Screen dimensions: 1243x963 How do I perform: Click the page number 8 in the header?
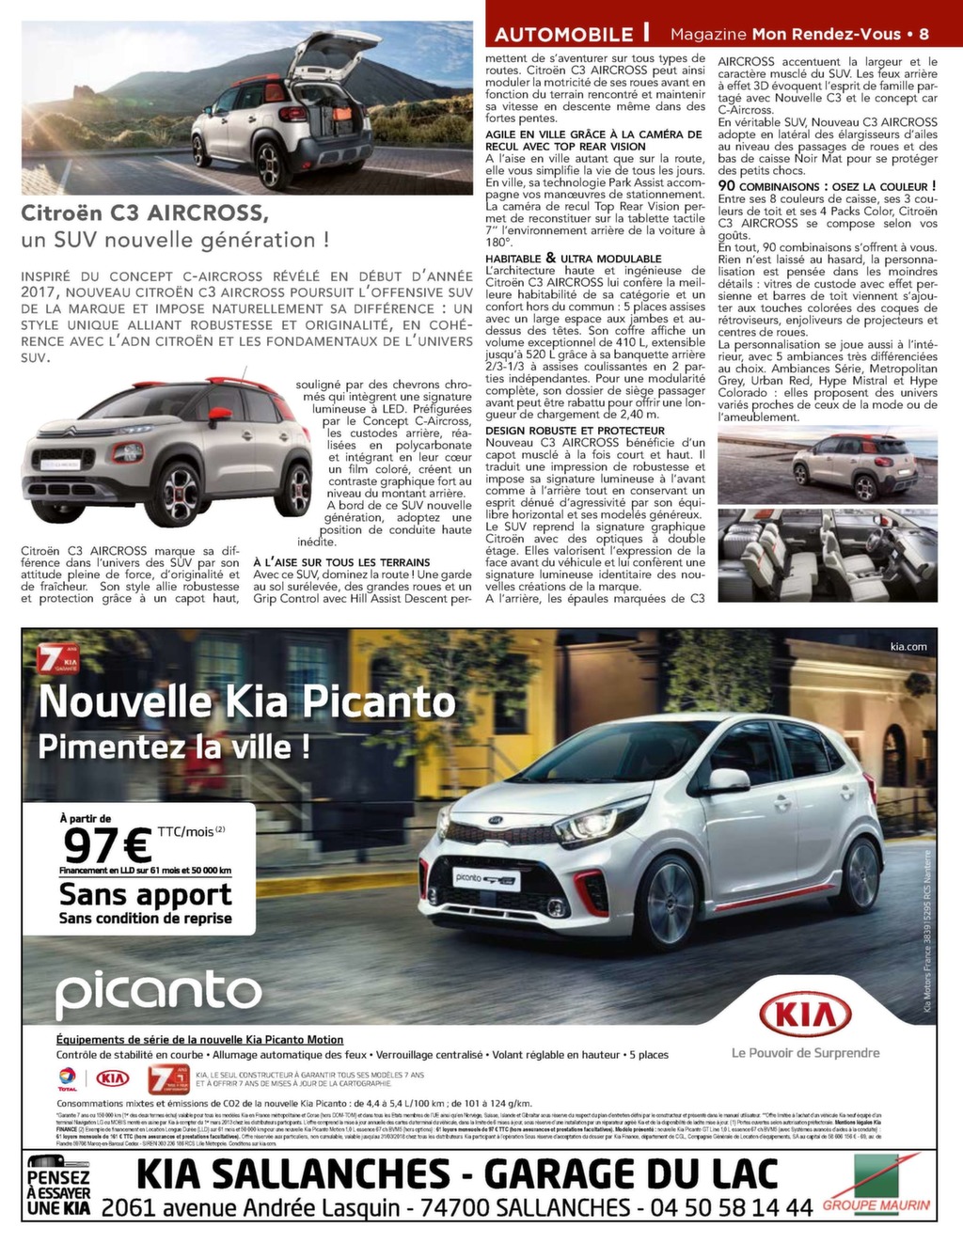tap(924, 34)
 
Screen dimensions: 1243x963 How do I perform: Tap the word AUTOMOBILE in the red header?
tap(564, 35)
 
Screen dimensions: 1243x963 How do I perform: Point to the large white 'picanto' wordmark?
tap(158, 993)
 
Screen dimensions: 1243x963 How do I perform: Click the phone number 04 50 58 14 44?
tap(734, 1207)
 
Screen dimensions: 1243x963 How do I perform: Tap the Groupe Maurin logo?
tap(876, 1188)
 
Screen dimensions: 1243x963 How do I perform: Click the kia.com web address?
tap(908, 646)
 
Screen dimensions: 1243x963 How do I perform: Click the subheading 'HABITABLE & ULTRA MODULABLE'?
tap(574, 259)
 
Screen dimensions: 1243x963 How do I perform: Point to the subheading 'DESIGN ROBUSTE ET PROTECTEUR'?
tap(575, 431)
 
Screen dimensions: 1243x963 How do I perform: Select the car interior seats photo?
tap(827, 554)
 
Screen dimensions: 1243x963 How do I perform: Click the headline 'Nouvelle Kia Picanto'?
tap(246, 701)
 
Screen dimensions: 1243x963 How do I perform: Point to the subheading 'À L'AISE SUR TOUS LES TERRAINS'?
tap(341, 562)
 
